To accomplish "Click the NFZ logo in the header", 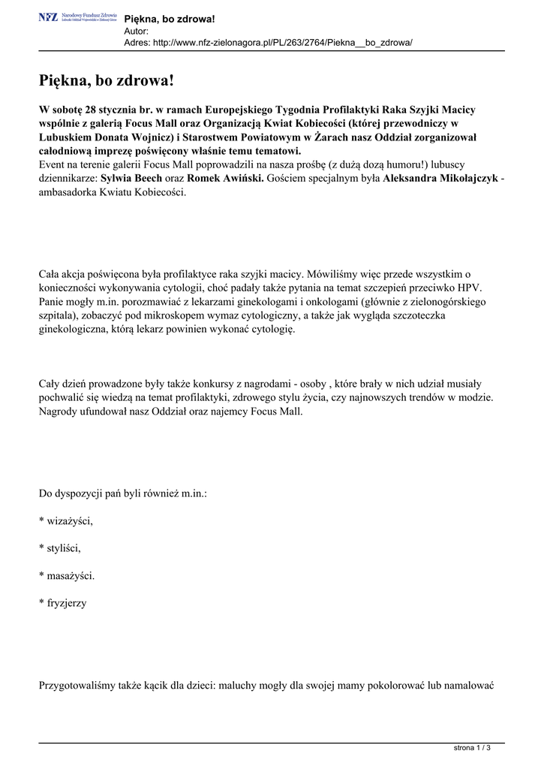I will click(x=77, y=17).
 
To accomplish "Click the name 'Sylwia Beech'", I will click(x=132, y=179).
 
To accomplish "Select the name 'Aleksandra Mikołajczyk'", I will click(x=440, y=179).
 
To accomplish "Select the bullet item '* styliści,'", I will click(x=59, y=548).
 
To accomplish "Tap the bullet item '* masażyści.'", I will click(x=67, y=575).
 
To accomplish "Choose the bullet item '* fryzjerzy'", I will click(x=62, y=602).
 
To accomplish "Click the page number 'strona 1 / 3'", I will click(x=477, y=748).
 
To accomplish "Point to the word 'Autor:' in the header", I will click(x=136, y=31).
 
